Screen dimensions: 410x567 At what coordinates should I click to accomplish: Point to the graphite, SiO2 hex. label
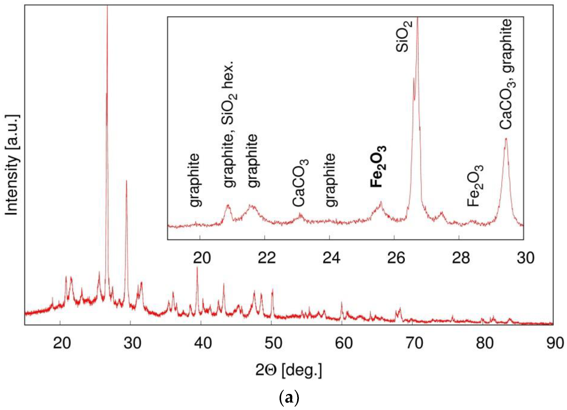[230, 124]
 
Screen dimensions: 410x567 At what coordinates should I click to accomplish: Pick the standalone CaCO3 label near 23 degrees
[300, 183]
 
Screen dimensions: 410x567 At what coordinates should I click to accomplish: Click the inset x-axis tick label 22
[267, 258]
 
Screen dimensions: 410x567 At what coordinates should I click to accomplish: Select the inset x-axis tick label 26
[396, 258]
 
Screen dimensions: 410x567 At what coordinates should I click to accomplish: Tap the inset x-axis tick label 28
[461, 258]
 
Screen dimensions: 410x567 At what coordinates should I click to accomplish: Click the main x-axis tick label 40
[203, 343]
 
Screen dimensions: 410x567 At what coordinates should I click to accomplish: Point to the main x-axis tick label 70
[414, 343]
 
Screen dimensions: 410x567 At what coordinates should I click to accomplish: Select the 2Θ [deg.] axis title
[289, 370]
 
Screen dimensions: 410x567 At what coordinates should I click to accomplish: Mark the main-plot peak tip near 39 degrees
[197, 267]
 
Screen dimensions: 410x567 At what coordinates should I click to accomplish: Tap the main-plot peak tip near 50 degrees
[272, 289]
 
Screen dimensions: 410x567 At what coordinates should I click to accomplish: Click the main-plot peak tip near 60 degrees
[342, 302]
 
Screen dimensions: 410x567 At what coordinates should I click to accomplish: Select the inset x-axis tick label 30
[525, 258]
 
